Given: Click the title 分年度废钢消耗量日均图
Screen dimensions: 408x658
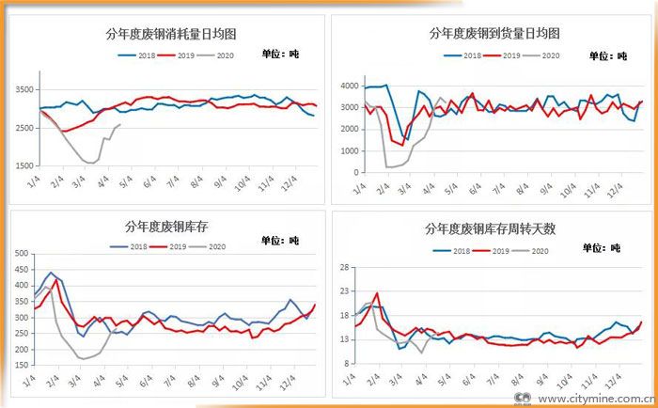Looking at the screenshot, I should (x=170, y=34).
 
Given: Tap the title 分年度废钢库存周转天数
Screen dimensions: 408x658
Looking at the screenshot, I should (x=490, y=228).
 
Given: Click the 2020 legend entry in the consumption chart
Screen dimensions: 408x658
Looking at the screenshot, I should (x=220, y=56).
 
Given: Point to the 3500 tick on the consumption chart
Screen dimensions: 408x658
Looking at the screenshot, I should (x=23, y=89).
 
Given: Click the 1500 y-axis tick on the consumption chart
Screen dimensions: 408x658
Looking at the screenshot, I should (x=23, y=166).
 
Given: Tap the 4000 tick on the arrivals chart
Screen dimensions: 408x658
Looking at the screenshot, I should (x=349, y=86).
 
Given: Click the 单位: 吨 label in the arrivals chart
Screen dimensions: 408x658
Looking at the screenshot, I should (x=608, y=56).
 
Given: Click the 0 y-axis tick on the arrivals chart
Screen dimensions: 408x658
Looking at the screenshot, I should (x=354, y=172).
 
